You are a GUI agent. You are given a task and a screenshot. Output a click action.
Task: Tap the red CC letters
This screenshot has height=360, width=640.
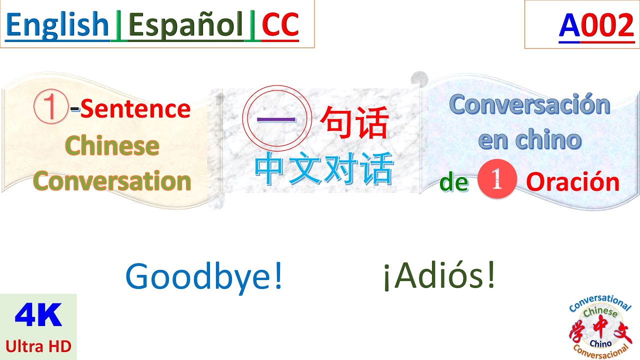[x=280, y=25]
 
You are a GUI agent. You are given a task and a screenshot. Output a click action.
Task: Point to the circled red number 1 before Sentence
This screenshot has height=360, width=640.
[x=50, y=108]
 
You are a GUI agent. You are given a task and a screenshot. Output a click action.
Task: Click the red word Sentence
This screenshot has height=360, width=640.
[x=135, y=109]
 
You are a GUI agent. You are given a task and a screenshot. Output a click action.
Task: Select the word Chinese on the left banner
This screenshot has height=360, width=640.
[x=112, y=145]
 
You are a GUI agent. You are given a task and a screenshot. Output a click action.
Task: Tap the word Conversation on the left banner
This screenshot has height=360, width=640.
[x=112, y=181]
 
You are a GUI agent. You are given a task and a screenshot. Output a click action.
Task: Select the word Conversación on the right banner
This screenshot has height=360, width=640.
[x=529, y=105]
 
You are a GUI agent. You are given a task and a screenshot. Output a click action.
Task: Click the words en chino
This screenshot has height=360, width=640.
[x=529, y=140]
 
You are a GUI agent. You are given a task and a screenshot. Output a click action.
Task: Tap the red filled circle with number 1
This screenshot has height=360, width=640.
[x=496, y=182]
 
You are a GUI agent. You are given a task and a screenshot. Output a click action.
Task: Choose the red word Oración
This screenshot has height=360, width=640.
[x=572, y=183]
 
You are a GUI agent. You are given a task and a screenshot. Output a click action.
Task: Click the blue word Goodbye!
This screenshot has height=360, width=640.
[x=204, y=277]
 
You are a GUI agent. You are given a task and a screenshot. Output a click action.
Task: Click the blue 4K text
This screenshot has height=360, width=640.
[x=38, y=316]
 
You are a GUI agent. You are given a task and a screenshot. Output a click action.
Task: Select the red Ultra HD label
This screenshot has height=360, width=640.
[x=38, y=345]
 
